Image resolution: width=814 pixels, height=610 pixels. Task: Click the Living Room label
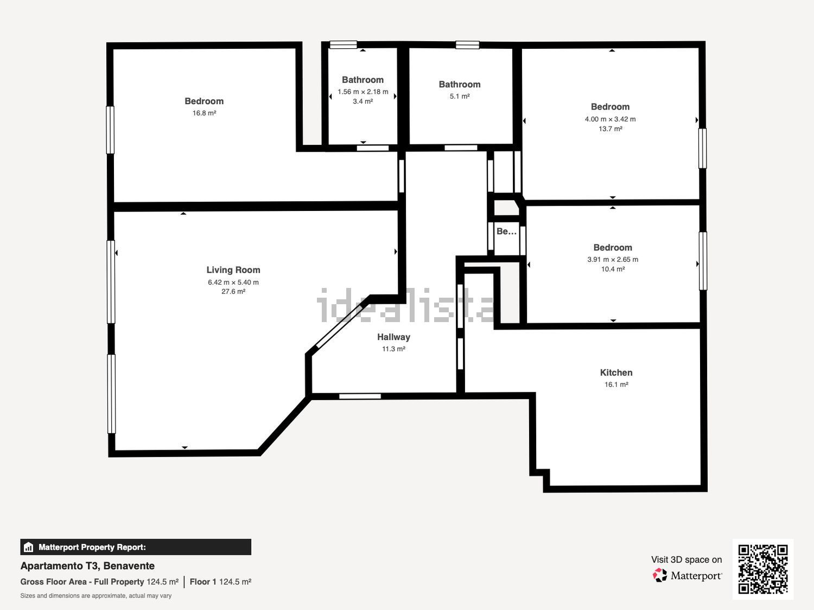pyautogui.click(x=233, y=270)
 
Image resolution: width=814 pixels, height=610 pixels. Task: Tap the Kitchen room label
pyautogui.click(x=616, y=373)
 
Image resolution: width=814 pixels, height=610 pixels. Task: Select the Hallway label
pyautogui.click(x=393, y=337)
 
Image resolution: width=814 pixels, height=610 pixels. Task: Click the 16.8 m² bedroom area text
pyautogui.click(x=204, y=113)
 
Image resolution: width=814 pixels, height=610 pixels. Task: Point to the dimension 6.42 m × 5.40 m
pyautogui.click(x=233, y=282)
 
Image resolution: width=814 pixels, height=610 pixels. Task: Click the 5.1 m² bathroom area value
pyautogui.click(x=460, y=97)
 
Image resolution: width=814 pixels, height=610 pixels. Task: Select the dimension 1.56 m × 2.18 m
pyautogui.click(x=363, y=92)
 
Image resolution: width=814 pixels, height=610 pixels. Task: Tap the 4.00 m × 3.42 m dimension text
pyautogui.click(x=610, y=119)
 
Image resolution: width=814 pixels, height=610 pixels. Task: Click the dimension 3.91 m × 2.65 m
pyautogui.click(x=613, y=260)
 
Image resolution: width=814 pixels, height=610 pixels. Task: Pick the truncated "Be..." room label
pyautogui.click(x=506, y=232)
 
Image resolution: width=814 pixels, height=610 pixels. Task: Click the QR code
pyautogui.click(x=763, y=569)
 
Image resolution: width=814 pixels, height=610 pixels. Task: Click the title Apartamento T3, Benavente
pyautogui.click(x=87, y=566)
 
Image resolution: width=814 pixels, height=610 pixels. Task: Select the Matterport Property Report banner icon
pyautogui.click(x=29, y=547)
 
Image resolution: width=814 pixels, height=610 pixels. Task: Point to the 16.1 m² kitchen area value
pyautogui.click(x=616, y=384)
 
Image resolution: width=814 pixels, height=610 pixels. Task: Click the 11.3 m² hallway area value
pyautogui.click(x=393, y=349)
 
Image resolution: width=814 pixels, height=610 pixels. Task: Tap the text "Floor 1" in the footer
pyautogui.click(x=203, y=582)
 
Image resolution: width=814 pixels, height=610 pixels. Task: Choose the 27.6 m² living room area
pyautogui.click(x=233, y=292)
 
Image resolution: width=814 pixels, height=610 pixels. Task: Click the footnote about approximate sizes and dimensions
pyautogui.click(x=96, y=596)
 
